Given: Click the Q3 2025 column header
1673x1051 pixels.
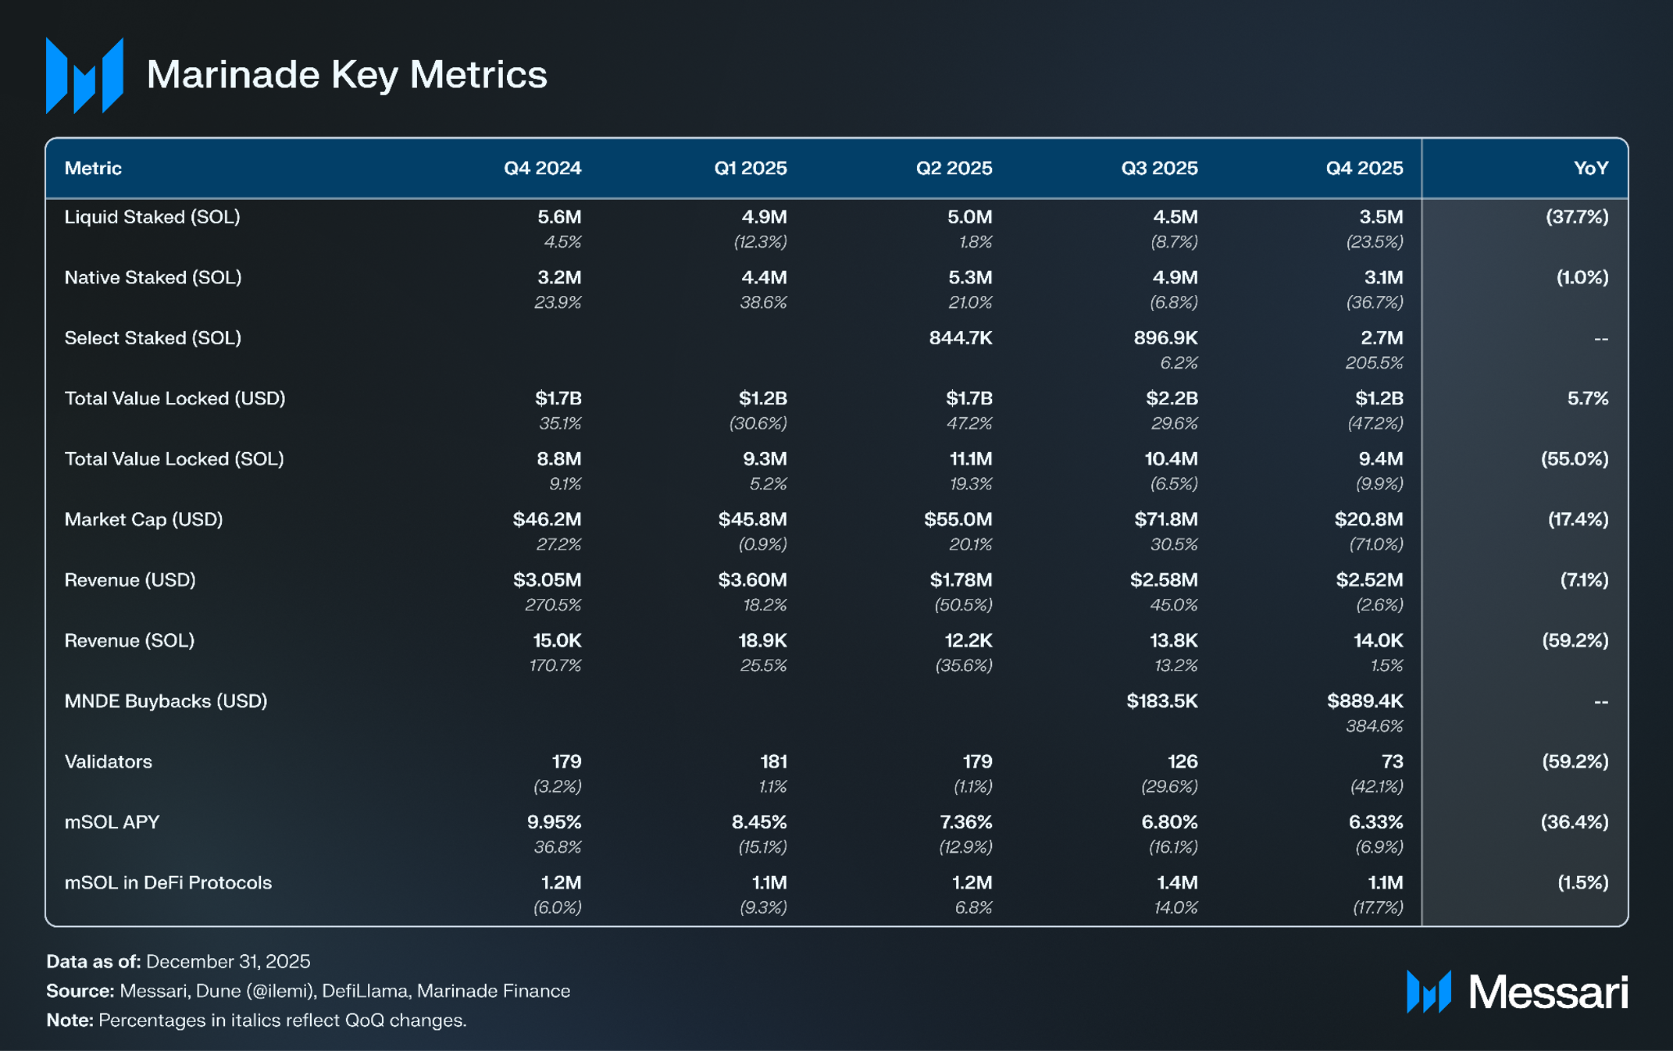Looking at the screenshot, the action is pos(1159,168).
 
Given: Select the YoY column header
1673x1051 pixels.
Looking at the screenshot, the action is pos(1591,168).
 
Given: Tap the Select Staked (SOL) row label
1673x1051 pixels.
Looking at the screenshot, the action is pos(153,338).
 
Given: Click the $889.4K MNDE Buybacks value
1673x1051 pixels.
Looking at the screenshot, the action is pos(1364,701).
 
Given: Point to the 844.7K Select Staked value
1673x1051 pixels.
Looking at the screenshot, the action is pos(961,338).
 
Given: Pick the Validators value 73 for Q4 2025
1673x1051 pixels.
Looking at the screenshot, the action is pos(1392,761).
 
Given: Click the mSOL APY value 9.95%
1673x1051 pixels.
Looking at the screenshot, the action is pos(554,822).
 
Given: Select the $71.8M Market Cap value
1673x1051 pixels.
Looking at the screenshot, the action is pos(1166,519).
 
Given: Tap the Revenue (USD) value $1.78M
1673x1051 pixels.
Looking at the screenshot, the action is pos(961,580).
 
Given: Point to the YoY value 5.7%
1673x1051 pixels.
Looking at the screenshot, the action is pos(1588,398).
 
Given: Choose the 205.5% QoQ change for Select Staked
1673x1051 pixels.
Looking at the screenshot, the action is pos(1375,362).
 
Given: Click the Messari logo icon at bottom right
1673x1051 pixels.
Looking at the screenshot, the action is pos(1429,992).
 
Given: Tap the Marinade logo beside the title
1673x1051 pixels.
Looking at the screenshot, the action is pos(84,75).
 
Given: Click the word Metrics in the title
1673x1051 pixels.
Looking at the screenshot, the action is pos(478,75).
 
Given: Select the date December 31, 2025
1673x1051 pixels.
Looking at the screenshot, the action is pos(228,961).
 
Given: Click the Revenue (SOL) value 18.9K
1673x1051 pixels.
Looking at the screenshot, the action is pos(762,640).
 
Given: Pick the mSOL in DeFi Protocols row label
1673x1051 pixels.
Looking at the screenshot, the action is pos(168,882).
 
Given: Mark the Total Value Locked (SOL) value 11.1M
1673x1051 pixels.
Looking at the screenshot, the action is pos(971,459).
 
